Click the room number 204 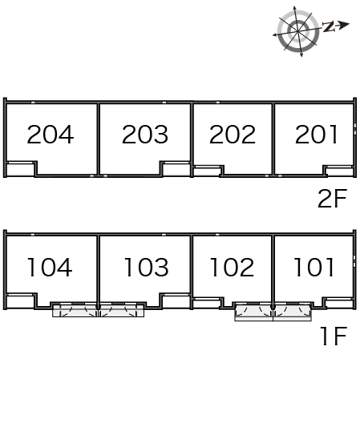tap(51, 135)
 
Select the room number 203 tap(145, 135)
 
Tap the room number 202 tap(233, 135)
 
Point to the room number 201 tap(316, 135)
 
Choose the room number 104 tap(50, 267)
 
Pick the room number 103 tap(146, 267)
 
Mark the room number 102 tap(232, 267)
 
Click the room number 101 tap(313, 267)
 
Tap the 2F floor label tap(332, 199)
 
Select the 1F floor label tap(334, 336)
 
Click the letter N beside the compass tap(329, 26)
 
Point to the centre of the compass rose tap(298, 31)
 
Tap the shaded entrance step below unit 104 tap(75, 311)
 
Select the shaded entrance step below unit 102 tap(253, 312)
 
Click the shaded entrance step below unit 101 tap(293, 312)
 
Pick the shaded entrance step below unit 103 tap(121, 311)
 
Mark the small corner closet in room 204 tap(21, 169)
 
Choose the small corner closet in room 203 tap(176, 169)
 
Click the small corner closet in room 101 tap(339, 303)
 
